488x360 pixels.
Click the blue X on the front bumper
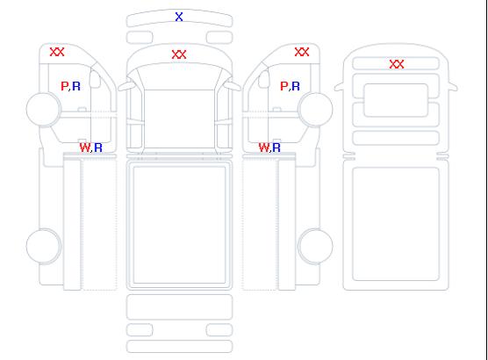[179, 17]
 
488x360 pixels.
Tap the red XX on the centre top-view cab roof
[179, 54]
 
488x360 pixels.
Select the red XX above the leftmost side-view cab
[57, 52]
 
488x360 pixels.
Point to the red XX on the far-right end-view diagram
[397, 64]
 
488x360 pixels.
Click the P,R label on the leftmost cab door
[70, 86]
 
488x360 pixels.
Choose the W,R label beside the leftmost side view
[90, 148]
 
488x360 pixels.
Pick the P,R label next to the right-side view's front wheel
[290, 86]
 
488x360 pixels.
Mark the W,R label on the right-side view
[269, 148]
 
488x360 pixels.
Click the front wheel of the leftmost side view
[44, 109]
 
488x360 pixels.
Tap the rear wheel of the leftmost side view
[44, 246]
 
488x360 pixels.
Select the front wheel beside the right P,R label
[315, 109]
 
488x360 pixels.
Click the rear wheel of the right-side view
[315, 246]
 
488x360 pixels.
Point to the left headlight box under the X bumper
[140, 38]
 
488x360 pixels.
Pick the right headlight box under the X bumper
[219, 38]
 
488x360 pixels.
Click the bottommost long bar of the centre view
[179, 347]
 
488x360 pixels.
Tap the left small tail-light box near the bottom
[140, 330]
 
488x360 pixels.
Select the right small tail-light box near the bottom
[219, 330]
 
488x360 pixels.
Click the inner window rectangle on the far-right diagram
[396, 100]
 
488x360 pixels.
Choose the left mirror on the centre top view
[126, 86]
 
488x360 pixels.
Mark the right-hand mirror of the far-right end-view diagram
[453, 87]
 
